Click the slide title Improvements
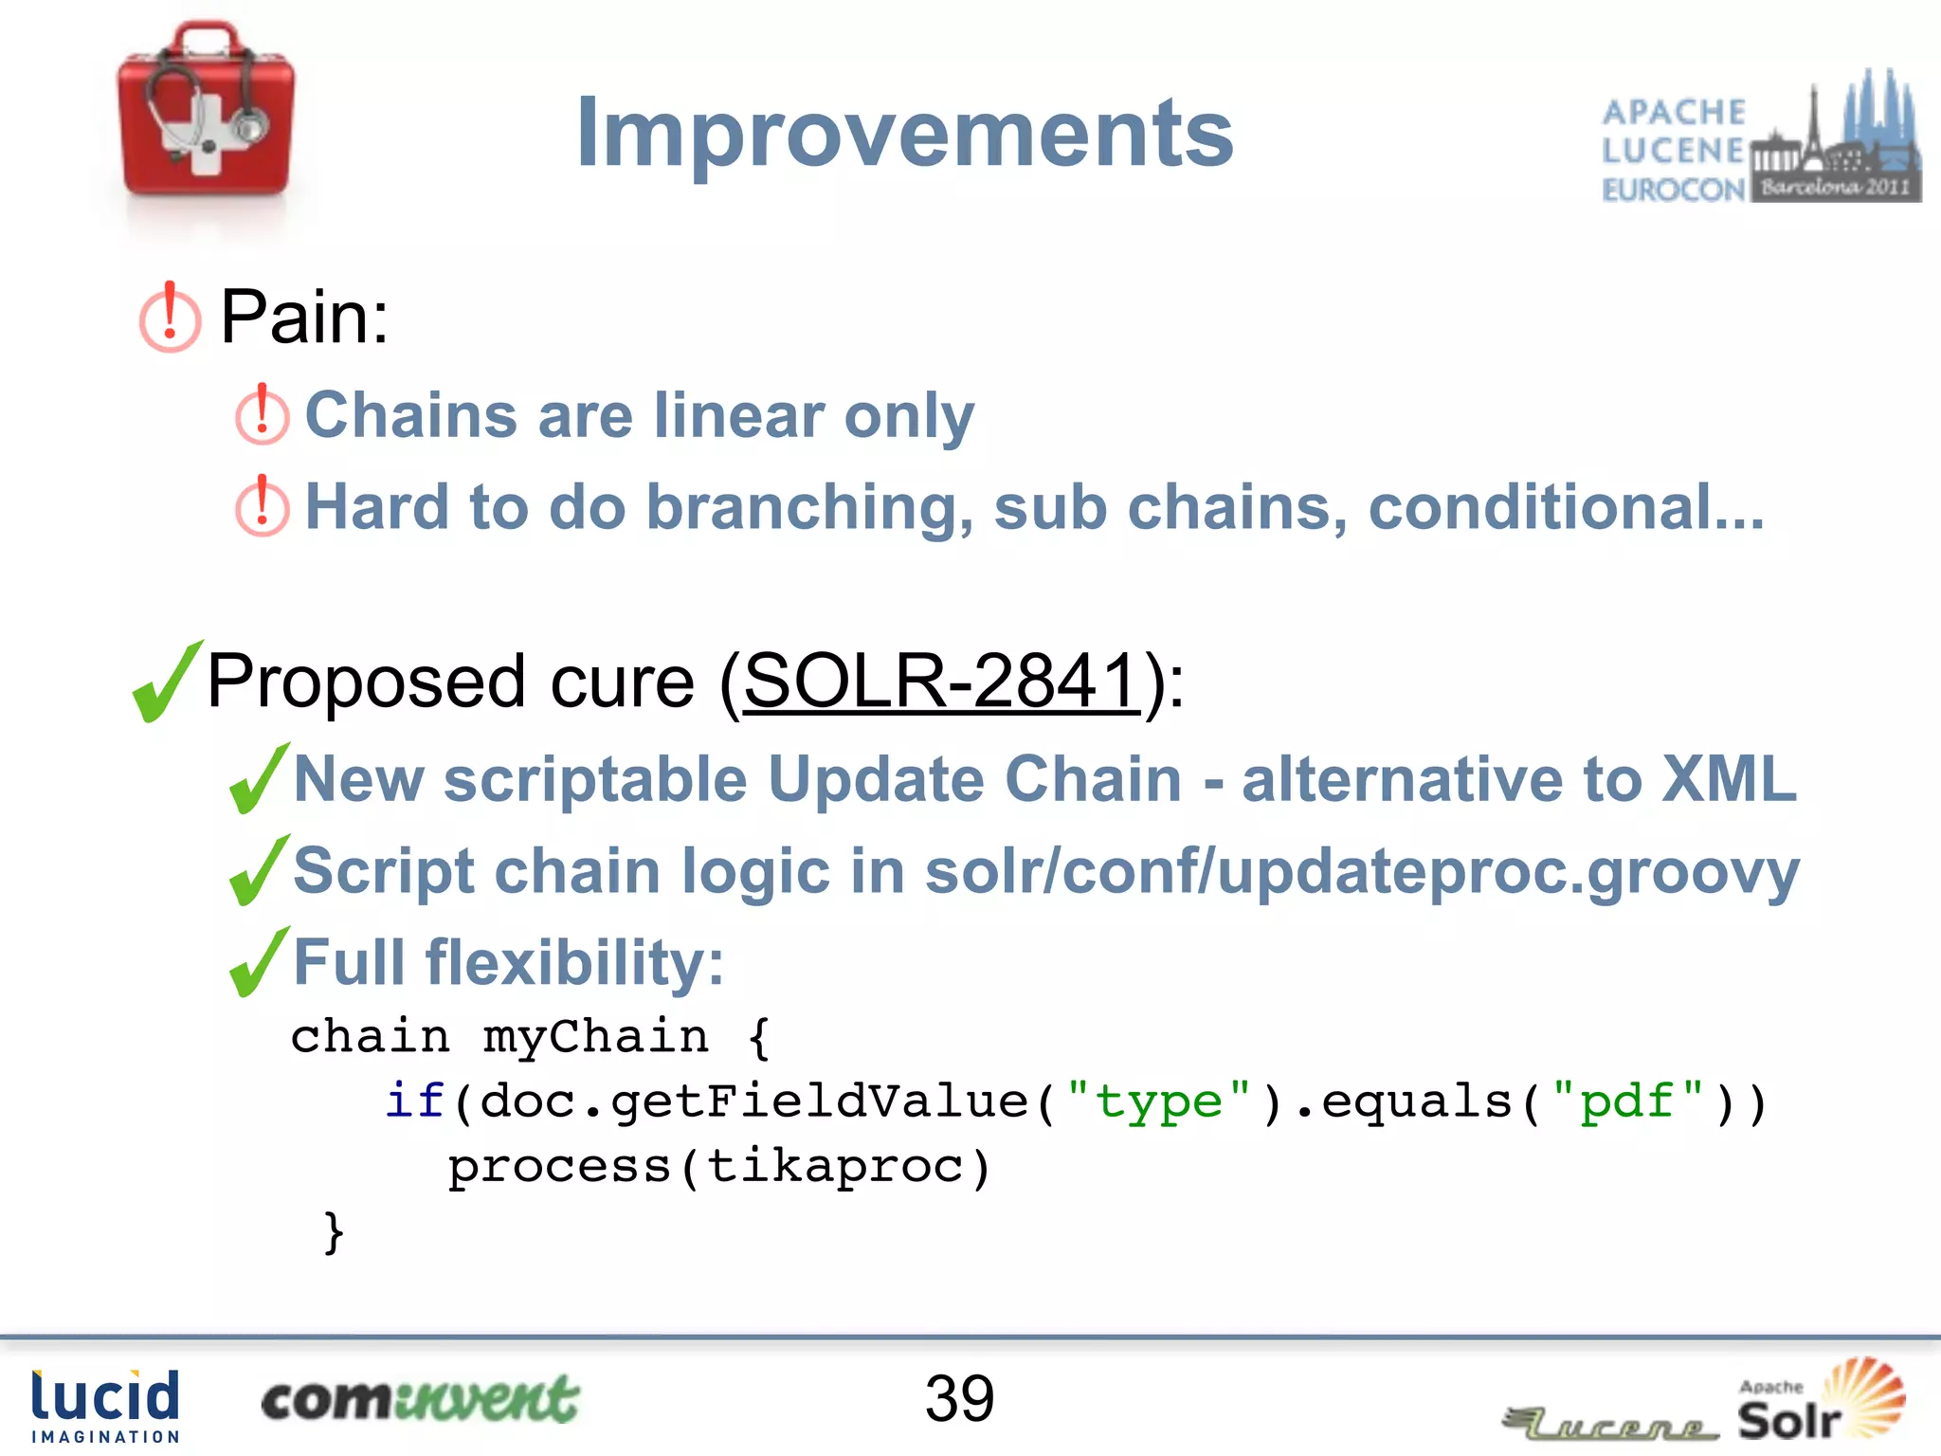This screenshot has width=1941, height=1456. [x=904, y=135]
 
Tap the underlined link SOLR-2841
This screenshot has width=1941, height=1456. [x=940, y=681]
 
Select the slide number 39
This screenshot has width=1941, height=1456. [x=959, y=1398]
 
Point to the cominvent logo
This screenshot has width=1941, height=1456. [x=419, y=1399]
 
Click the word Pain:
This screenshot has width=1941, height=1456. [x=304, y=318]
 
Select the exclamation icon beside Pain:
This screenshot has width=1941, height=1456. [x=170, y=318]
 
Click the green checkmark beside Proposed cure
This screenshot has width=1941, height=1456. [x=167, y=682]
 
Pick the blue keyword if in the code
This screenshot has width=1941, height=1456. [x=414, y=1101]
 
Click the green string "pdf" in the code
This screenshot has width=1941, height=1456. [x=1627, y=1101]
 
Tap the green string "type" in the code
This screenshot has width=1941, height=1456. [x=1158, y=1101]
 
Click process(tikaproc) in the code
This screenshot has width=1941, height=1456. [x=718, y=1166]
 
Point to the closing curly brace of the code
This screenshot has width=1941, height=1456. [x=333, y=1232]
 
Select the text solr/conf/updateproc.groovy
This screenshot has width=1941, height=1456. [x=1360, y=871]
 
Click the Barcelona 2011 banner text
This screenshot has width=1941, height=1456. [x=1835, y=187]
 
